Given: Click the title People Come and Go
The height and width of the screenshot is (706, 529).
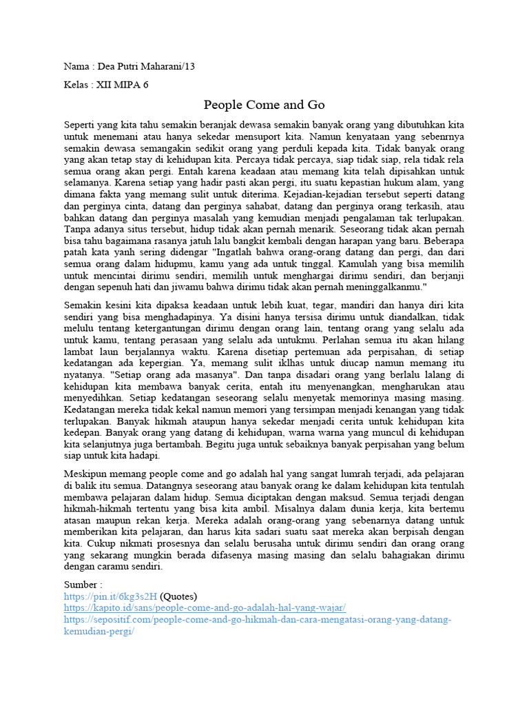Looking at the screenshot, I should pyautogui.click(x=264, y=105).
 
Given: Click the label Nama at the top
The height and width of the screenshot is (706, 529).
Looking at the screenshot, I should pyautogui.click(x=76, y=66).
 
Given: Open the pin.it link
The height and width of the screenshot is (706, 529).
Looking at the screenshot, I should pyautogui.click(x=110, y=596).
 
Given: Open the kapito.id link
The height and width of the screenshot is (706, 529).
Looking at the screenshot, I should pyautogui.click(x=205, y=608).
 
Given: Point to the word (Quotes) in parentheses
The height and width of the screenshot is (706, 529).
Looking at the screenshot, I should pyautogui.click(x=179, y=596).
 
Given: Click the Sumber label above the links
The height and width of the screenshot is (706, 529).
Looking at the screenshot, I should pyautogui.click(x=81, y=585).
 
